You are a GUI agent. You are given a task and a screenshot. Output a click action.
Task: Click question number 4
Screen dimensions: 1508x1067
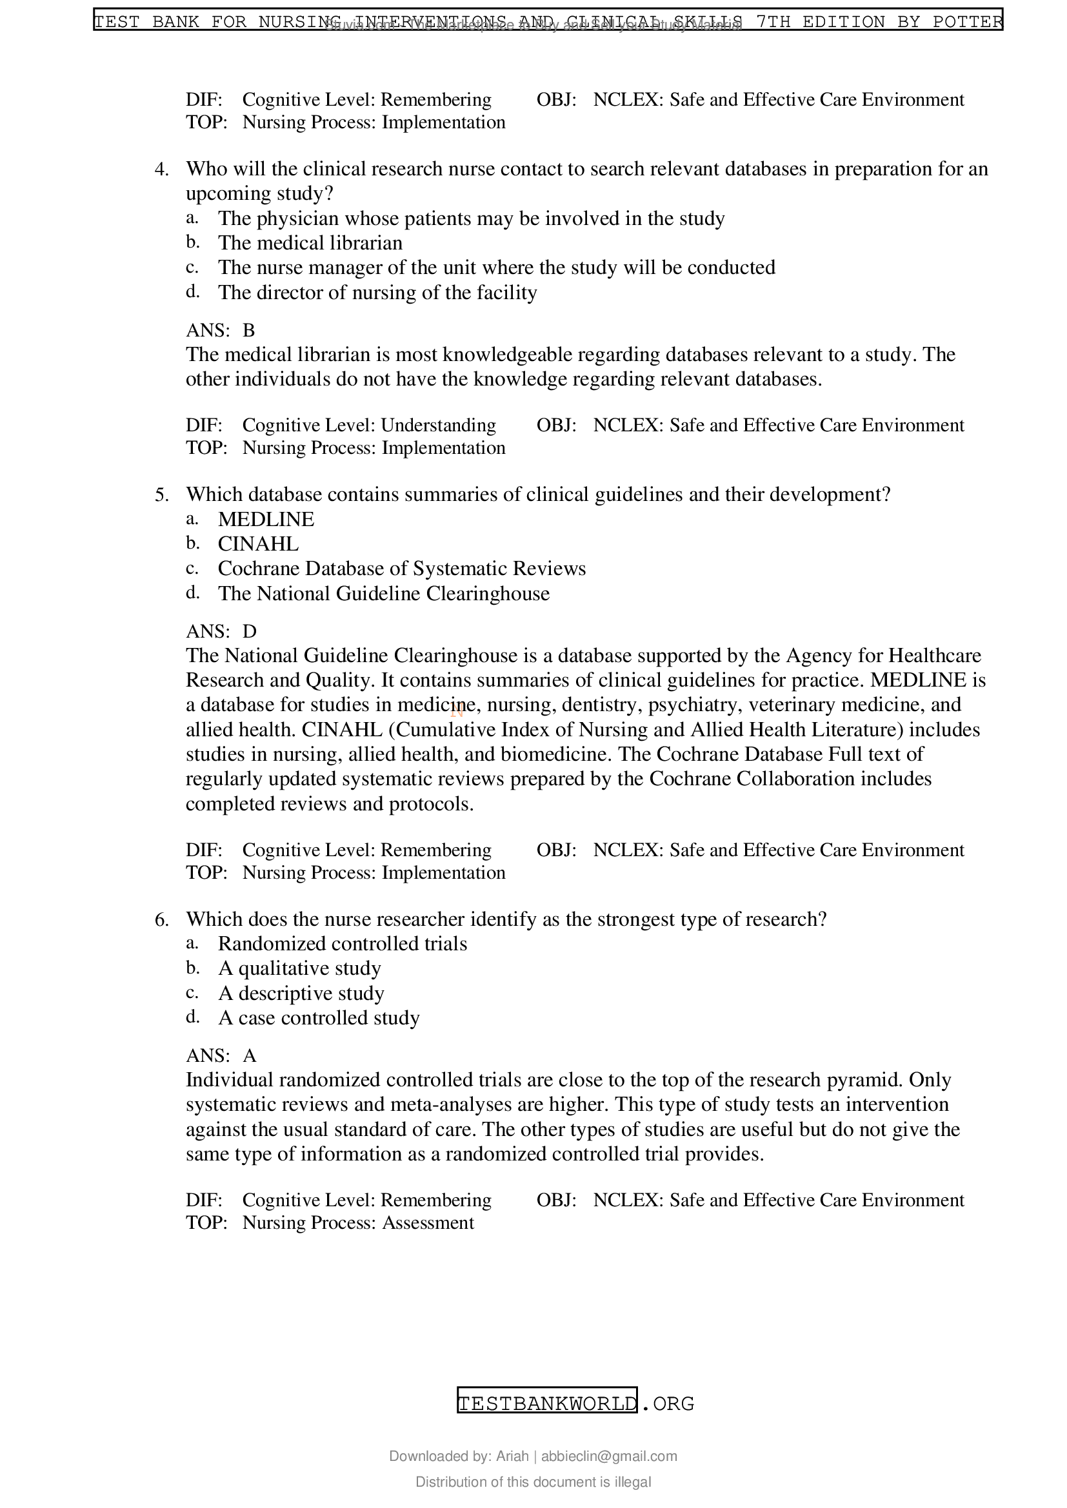(x=161, y=170)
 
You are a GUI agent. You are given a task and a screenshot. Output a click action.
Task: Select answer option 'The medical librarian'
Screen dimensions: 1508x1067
(x=310, y=243)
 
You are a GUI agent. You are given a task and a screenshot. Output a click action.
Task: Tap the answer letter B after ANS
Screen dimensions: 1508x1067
(x=248, y=329)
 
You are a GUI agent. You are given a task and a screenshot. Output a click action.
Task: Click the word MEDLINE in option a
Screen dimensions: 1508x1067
(x=266, y=520)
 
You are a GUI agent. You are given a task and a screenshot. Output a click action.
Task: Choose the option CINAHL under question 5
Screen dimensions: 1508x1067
(x=258, y=544)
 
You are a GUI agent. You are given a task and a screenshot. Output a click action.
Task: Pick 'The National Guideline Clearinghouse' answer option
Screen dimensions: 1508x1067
(x=384, y=594)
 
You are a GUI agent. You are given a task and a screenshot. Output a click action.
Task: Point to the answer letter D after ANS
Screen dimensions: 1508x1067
(x=249, y=631)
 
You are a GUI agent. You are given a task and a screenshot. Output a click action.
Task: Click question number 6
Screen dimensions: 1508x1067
(x=161, y=919)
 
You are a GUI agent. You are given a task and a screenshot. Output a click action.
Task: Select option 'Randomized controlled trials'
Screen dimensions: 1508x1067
(x=343, y=944)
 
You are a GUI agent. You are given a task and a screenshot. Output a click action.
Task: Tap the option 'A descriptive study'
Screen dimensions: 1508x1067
(x=301, y=993)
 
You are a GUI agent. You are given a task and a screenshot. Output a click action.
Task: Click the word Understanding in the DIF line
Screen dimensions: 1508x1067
(x=438, y=426)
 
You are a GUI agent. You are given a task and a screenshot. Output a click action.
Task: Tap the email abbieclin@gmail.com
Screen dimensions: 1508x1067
(x=609, y=1456)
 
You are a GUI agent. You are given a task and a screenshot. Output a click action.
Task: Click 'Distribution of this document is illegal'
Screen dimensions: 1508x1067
(x=533, y=1482)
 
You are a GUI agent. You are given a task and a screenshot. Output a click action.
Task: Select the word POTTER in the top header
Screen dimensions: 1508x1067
(x=967, y=22)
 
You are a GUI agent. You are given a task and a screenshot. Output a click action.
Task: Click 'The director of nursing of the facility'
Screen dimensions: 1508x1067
(x=377, y=292)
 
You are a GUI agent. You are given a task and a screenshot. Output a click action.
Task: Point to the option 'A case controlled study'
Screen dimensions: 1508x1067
(x=319, y=1018)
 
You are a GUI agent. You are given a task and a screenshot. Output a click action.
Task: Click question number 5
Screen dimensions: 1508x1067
(x=161, y=495)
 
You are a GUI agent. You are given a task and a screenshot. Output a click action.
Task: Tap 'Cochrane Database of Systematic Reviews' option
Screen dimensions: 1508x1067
(x=401, y=569)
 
